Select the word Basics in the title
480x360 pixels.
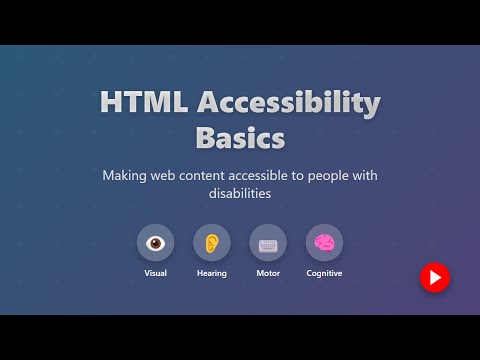click(240, 136)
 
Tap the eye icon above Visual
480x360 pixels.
click(155, 243)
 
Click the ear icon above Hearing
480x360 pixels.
click(211, 243)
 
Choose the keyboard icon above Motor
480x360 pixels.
click(267, 243)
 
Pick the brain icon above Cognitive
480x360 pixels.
click(324, 243)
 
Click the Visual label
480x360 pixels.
click(155, 273)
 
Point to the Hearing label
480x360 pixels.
click(211, 273)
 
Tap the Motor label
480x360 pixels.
click(267, 273)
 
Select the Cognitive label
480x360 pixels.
click(324, 273)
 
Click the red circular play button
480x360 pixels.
click(434, 278)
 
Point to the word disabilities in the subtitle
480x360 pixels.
click(240, 195)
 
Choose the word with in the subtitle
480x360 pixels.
click(364, 176)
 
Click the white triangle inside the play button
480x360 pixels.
click(435, 278)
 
